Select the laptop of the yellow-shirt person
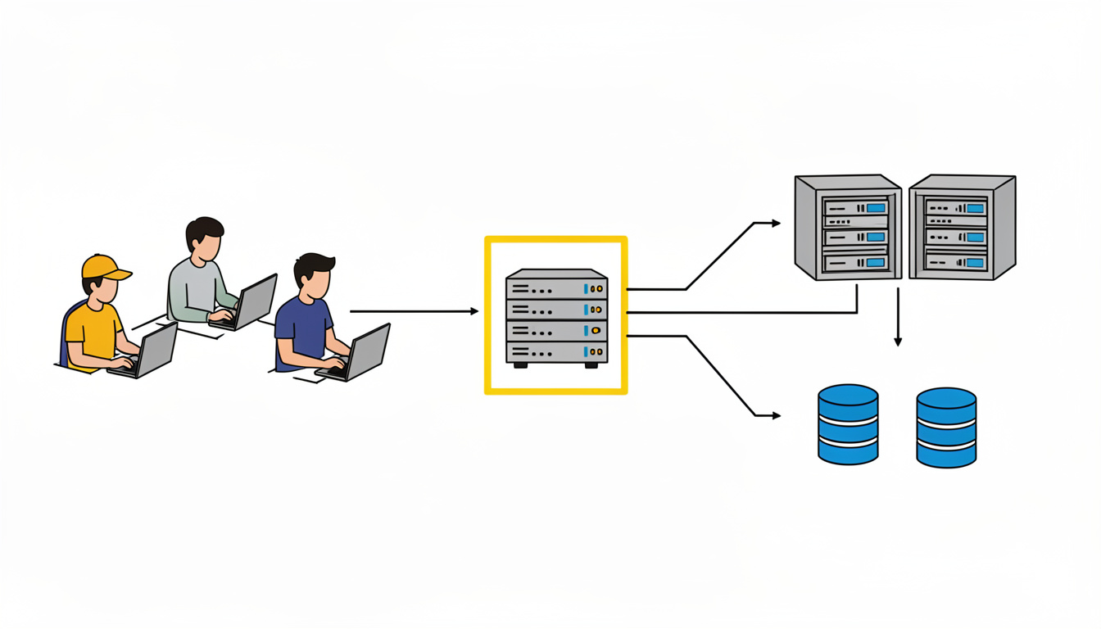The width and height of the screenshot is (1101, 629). [152, 351]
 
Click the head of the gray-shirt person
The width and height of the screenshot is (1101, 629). [204, 235]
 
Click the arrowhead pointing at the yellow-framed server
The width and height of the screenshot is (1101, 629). [473, 311]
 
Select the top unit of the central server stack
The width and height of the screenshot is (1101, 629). [556, 288]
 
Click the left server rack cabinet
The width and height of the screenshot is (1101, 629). [847, 226]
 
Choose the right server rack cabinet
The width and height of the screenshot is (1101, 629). [962, 226]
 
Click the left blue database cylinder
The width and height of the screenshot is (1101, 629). [848, 424]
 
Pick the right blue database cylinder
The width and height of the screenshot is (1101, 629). [946, 427]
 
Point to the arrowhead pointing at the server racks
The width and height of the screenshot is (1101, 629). [776, 223]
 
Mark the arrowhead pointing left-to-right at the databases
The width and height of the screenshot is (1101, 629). [776, 416]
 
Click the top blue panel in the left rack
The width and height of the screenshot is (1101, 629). [876, 208]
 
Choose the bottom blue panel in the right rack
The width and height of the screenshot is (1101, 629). [974, 262]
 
